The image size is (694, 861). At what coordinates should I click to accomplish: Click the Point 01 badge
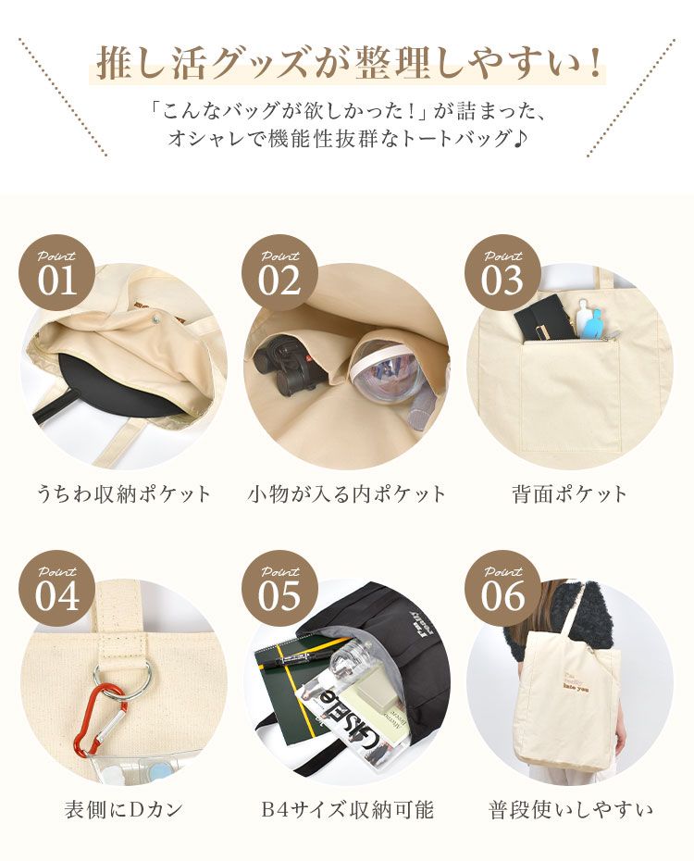point(57,273)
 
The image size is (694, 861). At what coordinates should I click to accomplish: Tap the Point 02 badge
point(279,273)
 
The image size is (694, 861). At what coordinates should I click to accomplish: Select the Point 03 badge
point(503,273)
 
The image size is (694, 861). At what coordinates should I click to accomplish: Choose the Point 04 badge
point(57,590)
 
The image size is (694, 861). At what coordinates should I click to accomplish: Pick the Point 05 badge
point(279,590)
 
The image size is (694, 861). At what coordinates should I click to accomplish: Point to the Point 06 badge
point(503,590)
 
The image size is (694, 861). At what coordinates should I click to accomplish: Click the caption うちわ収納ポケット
point(124,493)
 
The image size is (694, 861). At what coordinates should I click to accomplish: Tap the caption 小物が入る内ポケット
point(347,493)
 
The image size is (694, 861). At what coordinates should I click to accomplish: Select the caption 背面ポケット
point(569,493)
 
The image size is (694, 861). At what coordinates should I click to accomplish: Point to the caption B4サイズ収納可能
point(347,810)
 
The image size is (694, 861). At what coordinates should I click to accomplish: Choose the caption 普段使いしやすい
point(570,810)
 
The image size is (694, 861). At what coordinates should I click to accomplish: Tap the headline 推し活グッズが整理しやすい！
point(347,63)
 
